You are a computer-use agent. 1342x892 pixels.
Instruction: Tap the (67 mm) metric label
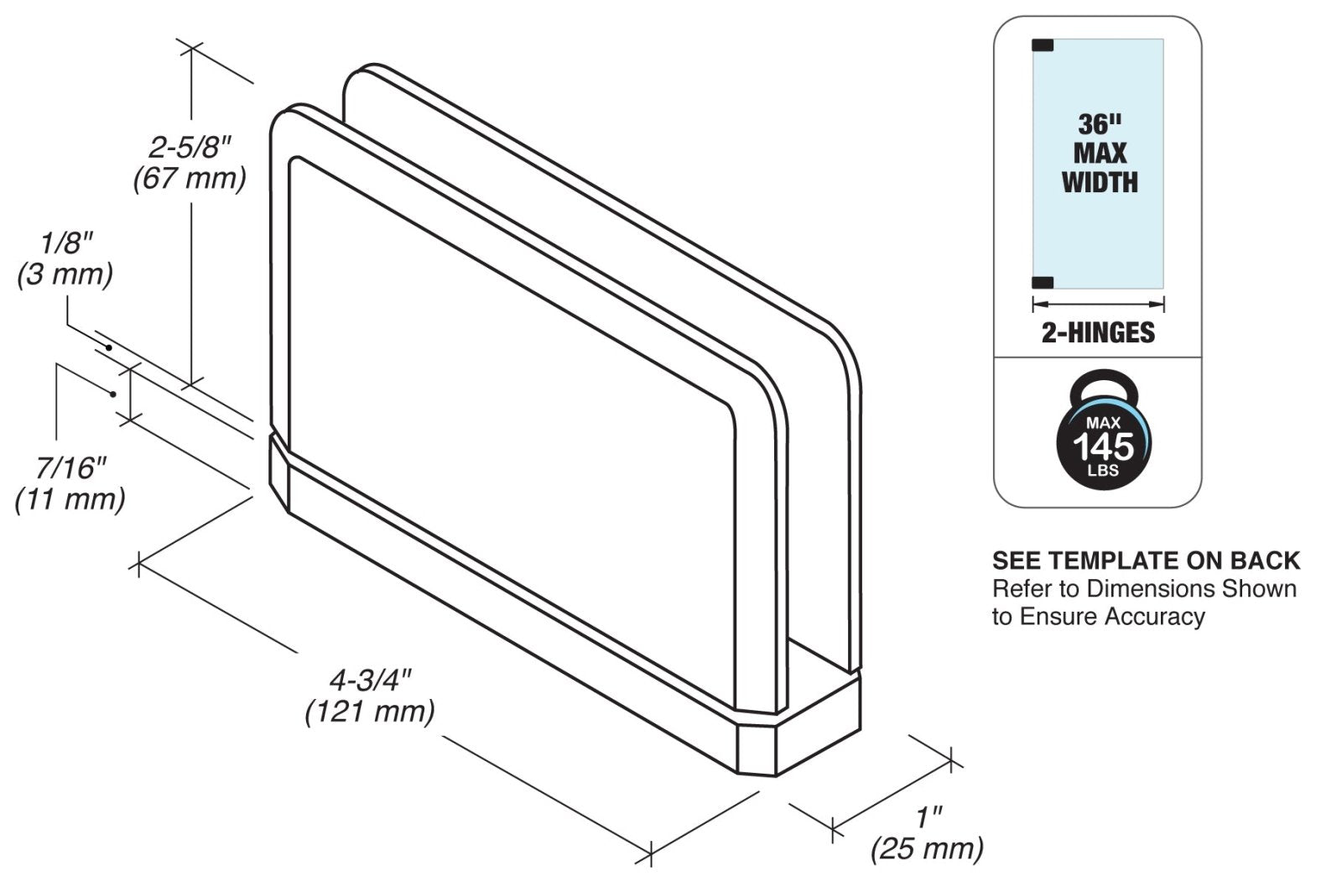[x=190, y=179]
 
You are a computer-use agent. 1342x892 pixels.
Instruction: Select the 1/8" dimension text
[x=67, y=243]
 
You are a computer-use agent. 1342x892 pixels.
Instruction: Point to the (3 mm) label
[x=65, y=274]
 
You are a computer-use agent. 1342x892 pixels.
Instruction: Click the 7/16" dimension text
[x=70, y=468]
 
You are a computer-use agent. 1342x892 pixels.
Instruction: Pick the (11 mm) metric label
[x=70, y=499]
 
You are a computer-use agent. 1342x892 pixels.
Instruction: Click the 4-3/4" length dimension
[x=370, y=681]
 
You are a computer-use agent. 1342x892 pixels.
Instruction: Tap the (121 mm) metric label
[x=370, y=712]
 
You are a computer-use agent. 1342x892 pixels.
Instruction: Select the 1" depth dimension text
[x=929, y=817]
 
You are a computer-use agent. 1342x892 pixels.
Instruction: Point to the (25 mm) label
[x=927, y=849]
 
